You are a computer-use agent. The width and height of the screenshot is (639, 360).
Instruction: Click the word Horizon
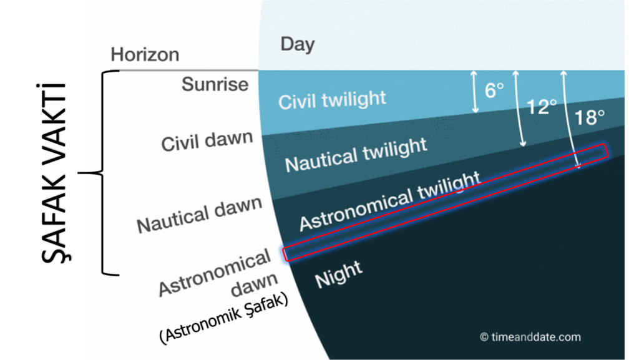click(x=145, y=54)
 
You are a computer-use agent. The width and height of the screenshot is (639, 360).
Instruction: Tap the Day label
click(x=298, y=44)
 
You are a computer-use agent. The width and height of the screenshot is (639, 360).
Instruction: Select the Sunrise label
click(x=215, y=84)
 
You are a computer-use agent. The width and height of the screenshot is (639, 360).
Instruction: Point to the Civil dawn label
click(x=207, y=141)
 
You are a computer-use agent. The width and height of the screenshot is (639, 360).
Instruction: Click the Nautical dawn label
click(x=199, y=215)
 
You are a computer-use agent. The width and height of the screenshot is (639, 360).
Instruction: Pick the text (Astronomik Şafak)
click(x=224, y=318)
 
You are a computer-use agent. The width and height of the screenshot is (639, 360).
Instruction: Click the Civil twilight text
click(x=332, y=100)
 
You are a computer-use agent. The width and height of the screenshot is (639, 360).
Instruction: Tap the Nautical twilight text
click(x=356, y=155)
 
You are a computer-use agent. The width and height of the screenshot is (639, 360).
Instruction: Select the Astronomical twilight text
click(x=390, y=201)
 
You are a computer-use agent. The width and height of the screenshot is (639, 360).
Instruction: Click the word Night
click(x=338, y=274)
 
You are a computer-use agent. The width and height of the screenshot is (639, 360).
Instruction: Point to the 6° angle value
click(x=494, y=90)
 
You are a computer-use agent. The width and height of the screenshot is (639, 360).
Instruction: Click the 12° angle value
click(x=542, y=107)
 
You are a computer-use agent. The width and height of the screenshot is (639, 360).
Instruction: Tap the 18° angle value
click(x=589, y=117)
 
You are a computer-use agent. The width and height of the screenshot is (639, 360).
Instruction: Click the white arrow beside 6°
click(x=474, y=92)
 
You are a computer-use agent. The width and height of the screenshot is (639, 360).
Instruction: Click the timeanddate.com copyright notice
click(x=530, y=337)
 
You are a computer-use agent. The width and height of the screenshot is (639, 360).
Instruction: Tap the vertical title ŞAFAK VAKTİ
click(x=54, y=173)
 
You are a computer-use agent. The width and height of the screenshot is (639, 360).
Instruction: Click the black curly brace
click(x=100, y=173)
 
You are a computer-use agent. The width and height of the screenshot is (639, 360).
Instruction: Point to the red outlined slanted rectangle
click(x=446, y=202)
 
